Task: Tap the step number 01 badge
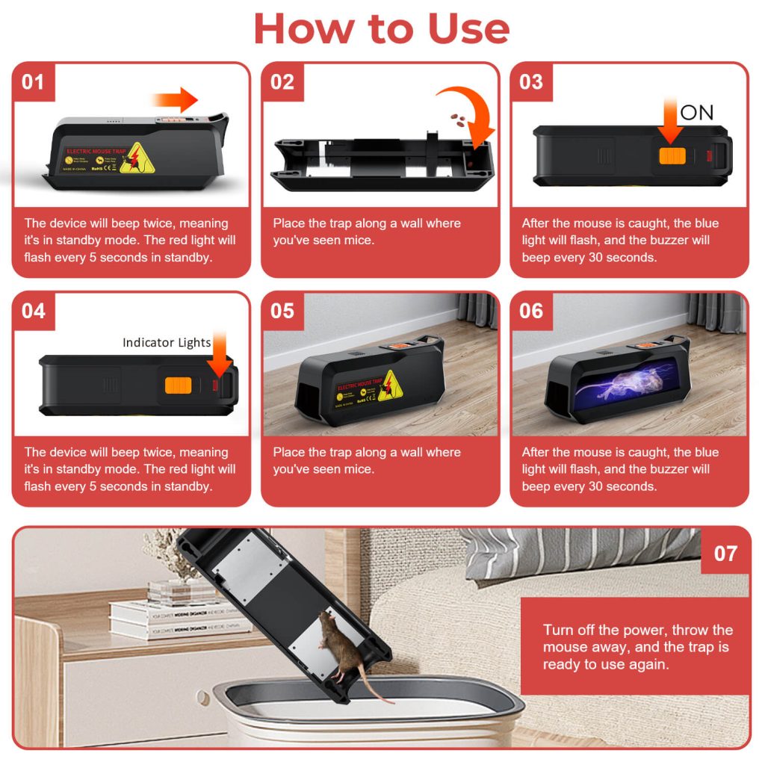(x=33, y=81)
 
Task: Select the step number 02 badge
(x=282, y=81)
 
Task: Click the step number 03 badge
(x=530, y=81)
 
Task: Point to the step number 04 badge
(x=33, y=311)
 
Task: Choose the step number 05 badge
(x=282, y=311)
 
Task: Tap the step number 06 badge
(x=530, y=311)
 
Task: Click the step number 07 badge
(x=725, y=554)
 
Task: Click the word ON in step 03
(x=696, y=113)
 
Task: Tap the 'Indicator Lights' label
(x=167, y=343)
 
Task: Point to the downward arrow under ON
(x=670, y=123)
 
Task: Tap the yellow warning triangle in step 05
(x=388, y=386)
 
